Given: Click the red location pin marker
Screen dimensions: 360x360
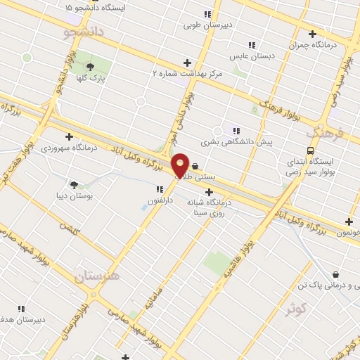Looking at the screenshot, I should point(181,165).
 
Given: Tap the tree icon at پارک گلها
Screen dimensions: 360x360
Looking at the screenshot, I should point(90,67).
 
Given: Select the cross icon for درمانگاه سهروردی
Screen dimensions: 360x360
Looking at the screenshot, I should point(69,136).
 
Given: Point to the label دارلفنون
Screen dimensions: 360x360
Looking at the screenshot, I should point(156,200).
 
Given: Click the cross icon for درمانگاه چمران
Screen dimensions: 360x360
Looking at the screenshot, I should point(312,33).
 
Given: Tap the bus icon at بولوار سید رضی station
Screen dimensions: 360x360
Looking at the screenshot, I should point(310,150).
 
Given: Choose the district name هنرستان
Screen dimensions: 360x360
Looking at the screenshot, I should point(97,276).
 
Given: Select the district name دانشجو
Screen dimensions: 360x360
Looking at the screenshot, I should point(84,32).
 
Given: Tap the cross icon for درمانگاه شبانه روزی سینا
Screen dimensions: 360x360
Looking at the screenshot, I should point(209,192).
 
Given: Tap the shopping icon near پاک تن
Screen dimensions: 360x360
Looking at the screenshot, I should point(335,274).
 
